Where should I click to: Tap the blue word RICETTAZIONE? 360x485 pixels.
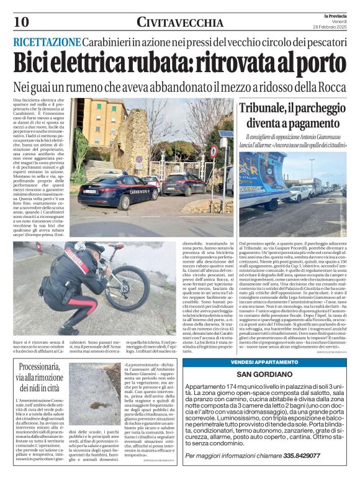tap(47, 42)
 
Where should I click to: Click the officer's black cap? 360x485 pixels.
tap(94, 248)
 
